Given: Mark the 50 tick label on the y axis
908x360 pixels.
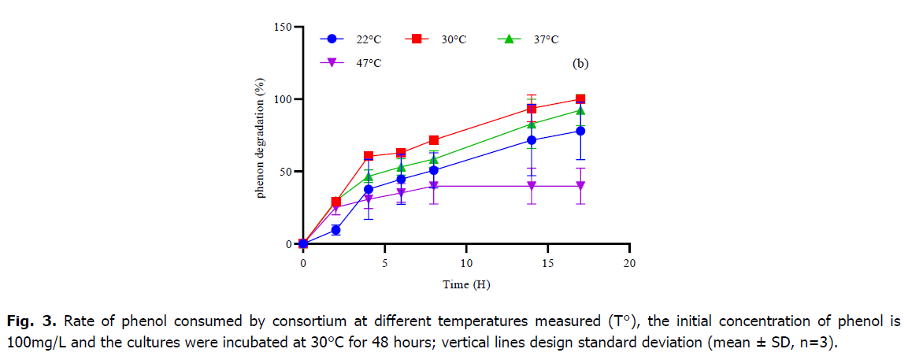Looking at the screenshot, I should [284, 172].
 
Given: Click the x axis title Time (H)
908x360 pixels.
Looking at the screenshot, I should [466, 284].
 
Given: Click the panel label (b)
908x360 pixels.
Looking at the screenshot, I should [580, 64].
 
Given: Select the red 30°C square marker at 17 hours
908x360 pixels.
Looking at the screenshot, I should [580, 99].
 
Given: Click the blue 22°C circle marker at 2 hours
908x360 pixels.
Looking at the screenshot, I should [335, 230].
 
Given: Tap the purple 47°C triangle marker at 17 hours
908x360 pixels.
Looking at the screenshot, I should [580, 186].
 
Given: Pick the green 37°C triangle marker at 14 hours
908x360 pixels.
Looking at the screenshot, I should [532, 124].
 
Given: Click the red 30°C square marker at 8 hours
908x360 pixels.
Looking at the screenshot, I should [434, 140].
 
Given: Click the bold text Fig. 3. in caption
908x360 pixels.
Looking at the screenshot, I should [31, 321].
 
